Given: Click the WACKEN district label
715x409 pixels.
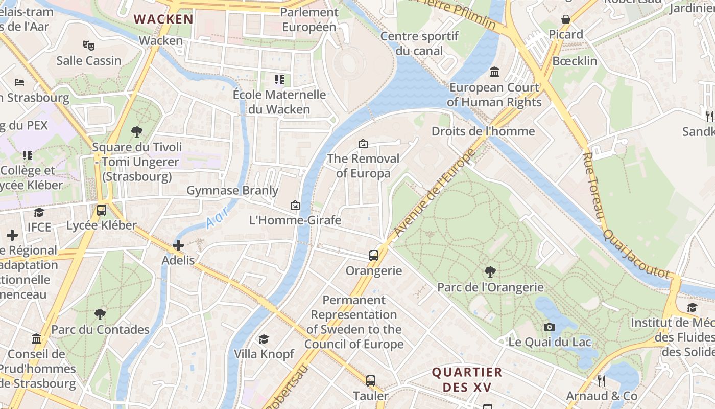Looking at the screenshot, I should point(163,19).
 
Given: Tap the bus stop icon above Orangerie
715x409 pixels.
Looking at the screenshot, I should point(374,255).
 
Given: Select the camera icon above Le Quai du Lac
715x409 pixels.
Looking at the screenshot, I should point(550,327).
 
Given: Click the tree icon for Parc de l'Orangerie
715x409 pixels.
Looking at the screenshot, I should point(490,271).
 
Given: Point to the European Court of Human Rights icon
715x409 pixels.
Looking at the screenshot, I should point(494,72).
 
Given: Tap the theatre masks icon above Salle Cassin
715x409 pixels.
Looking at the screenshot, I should point(89,46).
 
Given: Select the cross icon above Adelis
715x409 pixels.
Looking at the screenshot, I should point(178,245).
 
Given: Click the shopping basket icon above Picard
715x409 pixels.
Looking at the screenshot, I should point(566,19).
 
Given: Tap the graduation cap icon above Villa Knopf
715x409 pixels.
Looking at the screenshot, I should point(264,339).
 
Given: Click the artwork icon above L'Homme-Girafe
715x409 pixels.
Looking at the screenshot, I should point(295,205).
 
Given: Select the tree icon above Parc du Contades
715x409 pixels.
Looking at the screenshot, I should point(100,314).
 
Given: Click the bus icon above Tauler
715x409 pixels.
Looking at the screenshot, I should point(371,380).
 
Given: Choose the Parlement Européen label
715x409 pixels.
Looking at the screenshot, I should point(309,19).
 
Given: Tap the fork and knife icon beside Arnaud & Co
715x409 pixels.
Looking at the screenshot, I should point(602,380).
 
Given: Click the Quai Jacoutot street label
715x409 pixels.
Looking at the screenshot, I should point(636,254).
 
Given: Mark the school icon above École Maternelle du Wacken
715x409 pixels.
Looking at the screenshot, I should point(279,79).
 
